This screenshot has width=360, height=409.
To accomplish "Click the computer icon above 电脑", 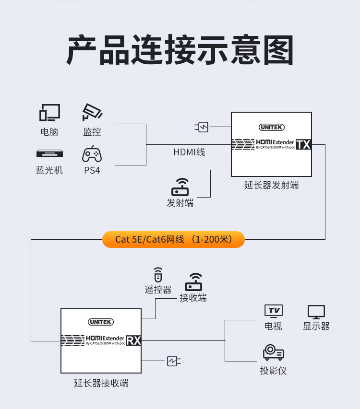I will coord(49,113).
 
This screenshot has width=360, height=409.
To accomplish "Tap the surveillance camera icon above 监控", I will coord(92,113).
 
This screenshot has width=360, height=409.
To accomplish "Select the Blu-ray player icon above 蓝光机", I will coord(49,154).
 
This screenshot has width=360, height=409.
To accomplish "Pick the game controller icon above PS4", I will coord(92,154).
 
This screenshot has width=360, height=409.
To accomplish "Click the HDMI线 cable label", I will coord(189,152).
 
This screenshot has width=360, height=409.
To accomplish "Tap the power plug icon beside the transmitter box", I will coord(202,127).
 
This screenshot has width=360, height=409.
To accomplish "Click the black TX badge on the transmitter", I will coord(303,144).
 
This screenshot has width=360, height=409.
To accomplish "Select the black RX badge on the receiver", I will coord(133,340).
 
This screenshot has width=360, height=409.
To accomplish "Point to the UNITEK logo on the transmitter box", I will coord(272,127).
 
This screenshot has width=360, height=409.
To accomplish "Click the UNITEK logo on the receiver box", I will coord(101,323).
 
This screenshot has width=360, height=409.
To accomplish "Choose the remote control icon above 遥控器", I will coord(158,275).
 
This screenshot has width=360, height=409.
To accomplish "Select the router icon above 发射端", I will coord(180,187).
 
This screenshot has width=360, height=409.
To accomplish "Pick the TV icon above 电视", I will coord(274,311).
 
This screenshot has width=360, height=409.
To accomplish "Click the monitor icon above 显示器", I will coord(316,312).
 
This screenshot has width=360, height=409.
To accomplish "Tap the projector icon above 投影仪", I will coord(273,353).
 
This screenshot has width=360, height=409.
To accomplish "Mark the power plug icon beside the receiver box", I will coord(173,361).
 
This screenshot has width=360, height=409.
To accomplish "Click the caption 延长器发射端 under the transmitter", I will coord(272,186).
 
